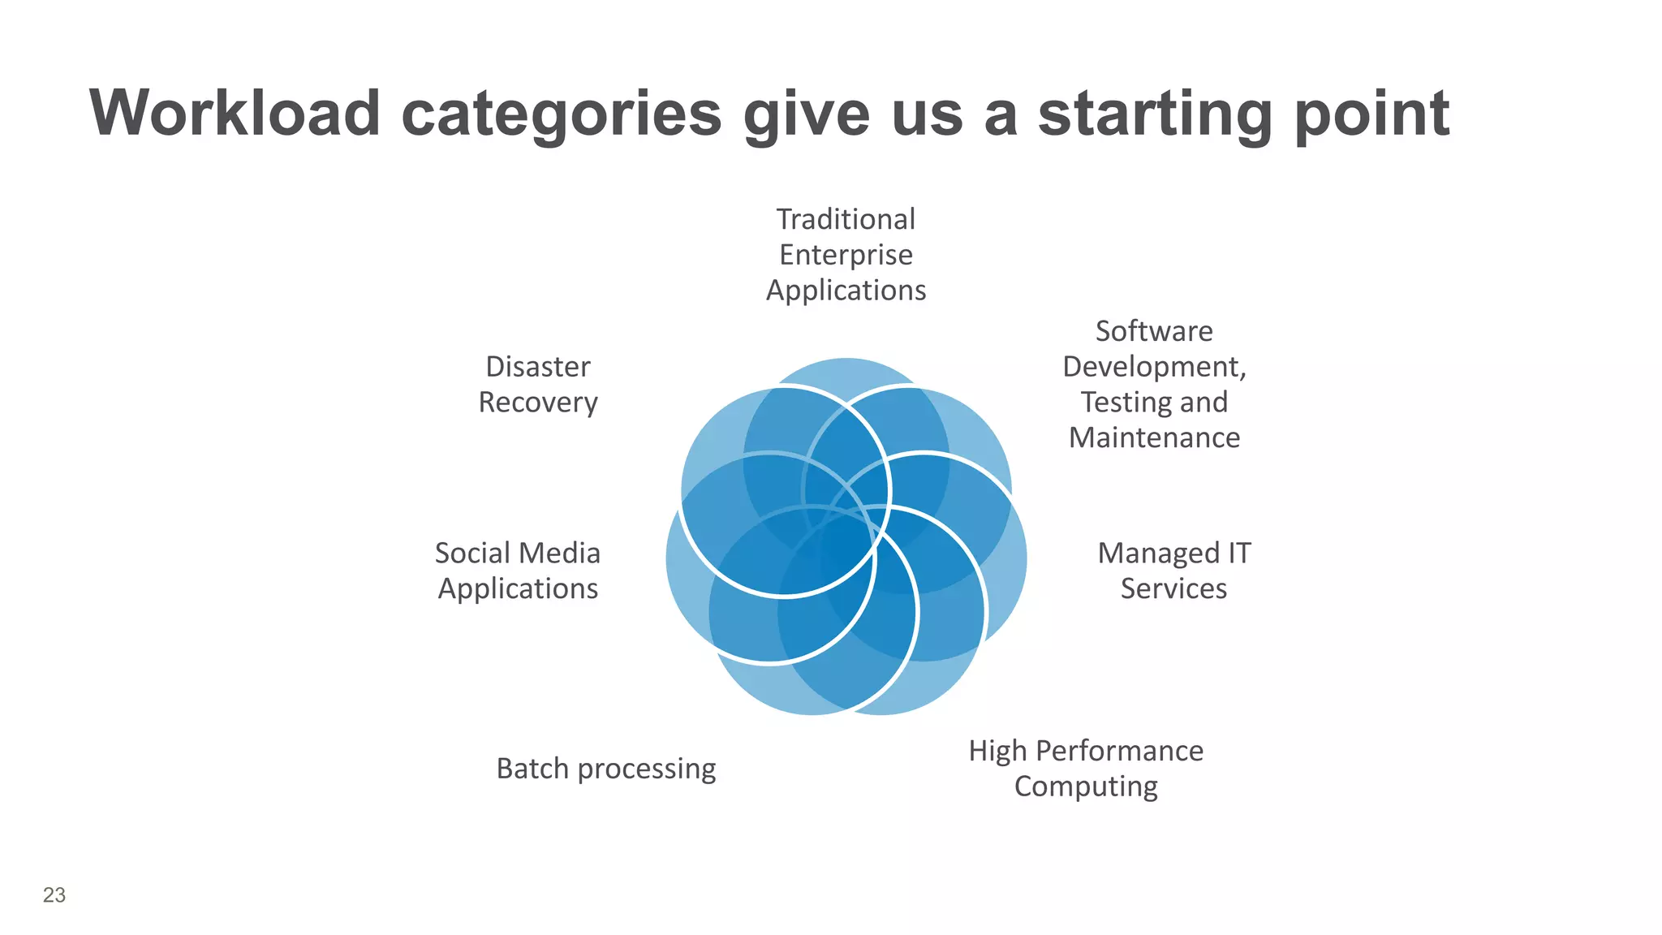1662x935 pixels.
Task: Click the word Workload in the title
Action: (235, 114)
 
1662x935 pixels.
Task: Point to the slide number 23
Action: (54, 894)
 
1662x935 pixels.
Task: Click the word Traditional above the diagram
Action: (846, 219)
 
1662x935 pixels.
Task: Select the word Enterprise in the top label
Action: (846, 255)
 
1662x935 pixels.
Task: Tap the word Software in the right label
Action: (1153, 331)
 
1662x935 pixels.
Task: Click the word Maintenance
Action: (1153, 437)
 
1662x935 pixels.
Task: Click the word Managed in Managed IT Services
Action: (1157, 553)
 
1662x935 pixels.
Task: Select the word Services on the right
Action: (1173, 588)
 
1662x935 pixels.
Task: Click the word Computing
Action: (1085, 786)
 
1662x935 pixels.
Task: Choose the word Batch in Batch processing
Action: (532, 769)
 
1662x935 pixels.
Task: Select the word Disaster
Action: (537, 367)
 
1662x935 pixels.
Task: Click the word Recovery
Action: (537, 403)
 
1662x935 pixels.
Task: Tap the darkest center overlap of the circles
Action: (845, 539)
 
